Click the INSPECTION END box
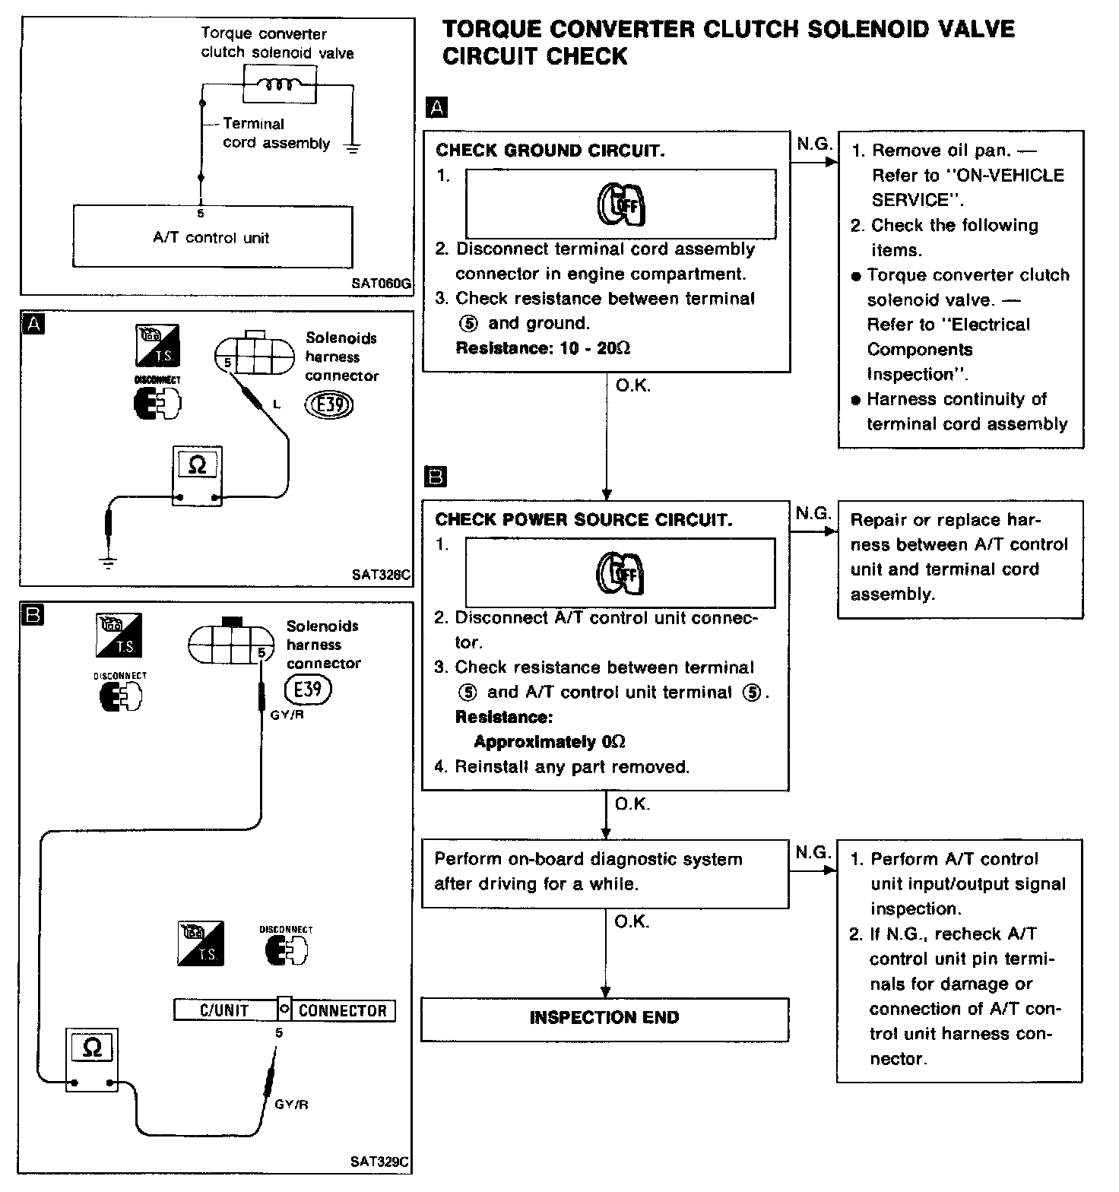[x=604, y=1018]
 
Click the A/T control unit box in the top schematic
[x=212, y=236]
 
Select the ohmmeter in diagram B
[x=92, y=1059]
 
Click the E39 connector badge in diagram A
[x=329, y=404]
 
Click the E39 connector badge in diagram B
[x=308, y=690]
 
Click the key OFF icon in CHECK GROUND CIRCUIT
[x=621, y=204]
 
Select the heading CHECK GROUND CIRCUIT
[x=550, y=151]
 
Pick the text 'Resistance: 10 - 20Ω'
[x=543, y=348]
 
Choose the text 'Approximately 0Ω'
[x=550, y=741]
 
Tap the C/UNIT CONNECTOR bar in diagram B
[x=284, y=1010]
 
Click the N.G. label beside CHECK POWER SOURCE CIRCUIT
[x=813, y=514]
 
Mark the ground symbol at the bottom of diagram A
[x=109, y=563]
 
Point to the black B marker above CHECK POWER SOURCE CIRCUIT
[x=436, y=477]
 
